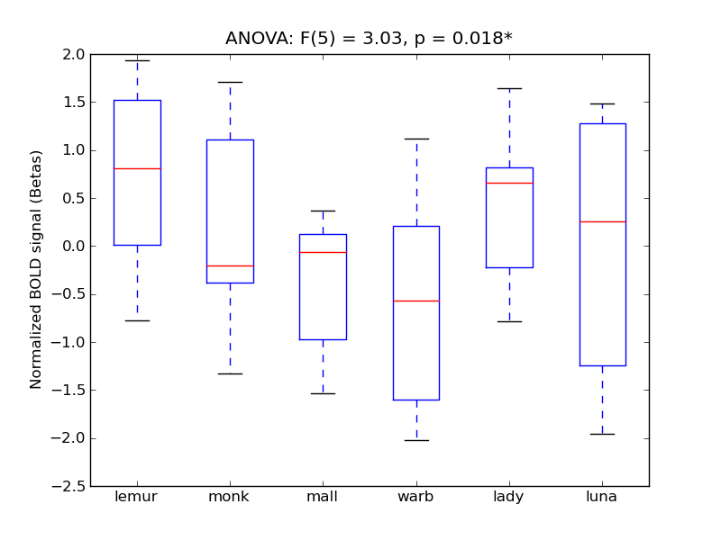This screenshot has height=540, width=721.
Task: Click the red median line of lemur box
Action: (x=137, y=168)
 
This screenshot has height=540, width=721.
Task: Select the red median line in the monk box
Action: (x=230, y=265)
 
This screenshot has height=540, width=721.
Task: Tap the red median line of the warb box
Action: (x=416, y=301)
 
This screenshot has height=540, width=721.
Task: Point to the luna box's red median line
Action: (x=602, y=221)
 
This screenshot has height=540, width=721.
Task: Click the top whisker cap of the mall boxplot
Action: (x=323, y=211)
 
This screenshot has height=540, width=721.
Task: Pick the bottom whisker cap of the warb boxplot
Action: (x=416, y=440)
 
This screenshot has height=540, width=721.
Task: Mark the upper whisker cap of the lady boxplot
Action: (x=509, y=88)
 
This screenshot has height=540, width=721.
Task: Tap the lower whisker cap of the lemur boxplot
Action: (x=137, y=320)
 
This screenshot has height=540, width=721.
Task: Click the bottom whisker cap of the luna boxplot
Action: (x=602, y=434)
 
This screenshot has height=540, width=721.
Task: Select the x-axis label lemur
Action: (x=137, y=497)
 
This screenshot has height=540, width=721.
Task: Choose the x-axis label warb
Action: (x=416, y=497)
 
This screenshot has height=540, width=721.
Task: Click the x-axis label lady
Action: (x=509, y=497)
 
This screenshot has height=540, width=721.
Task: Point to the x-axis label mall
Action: (x=323, y=497)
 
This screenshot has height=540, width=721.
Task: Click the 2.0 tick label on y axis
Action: (x=74, y=54)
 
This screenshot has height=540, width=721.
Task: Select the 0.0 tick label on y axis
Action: (x=74, y=246)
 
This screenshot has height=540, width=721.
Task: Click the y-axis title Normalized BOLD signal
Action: (x=36, y=269)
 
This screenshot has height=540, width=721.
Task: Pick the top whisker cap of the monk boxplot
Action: (x=230, y=82)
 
